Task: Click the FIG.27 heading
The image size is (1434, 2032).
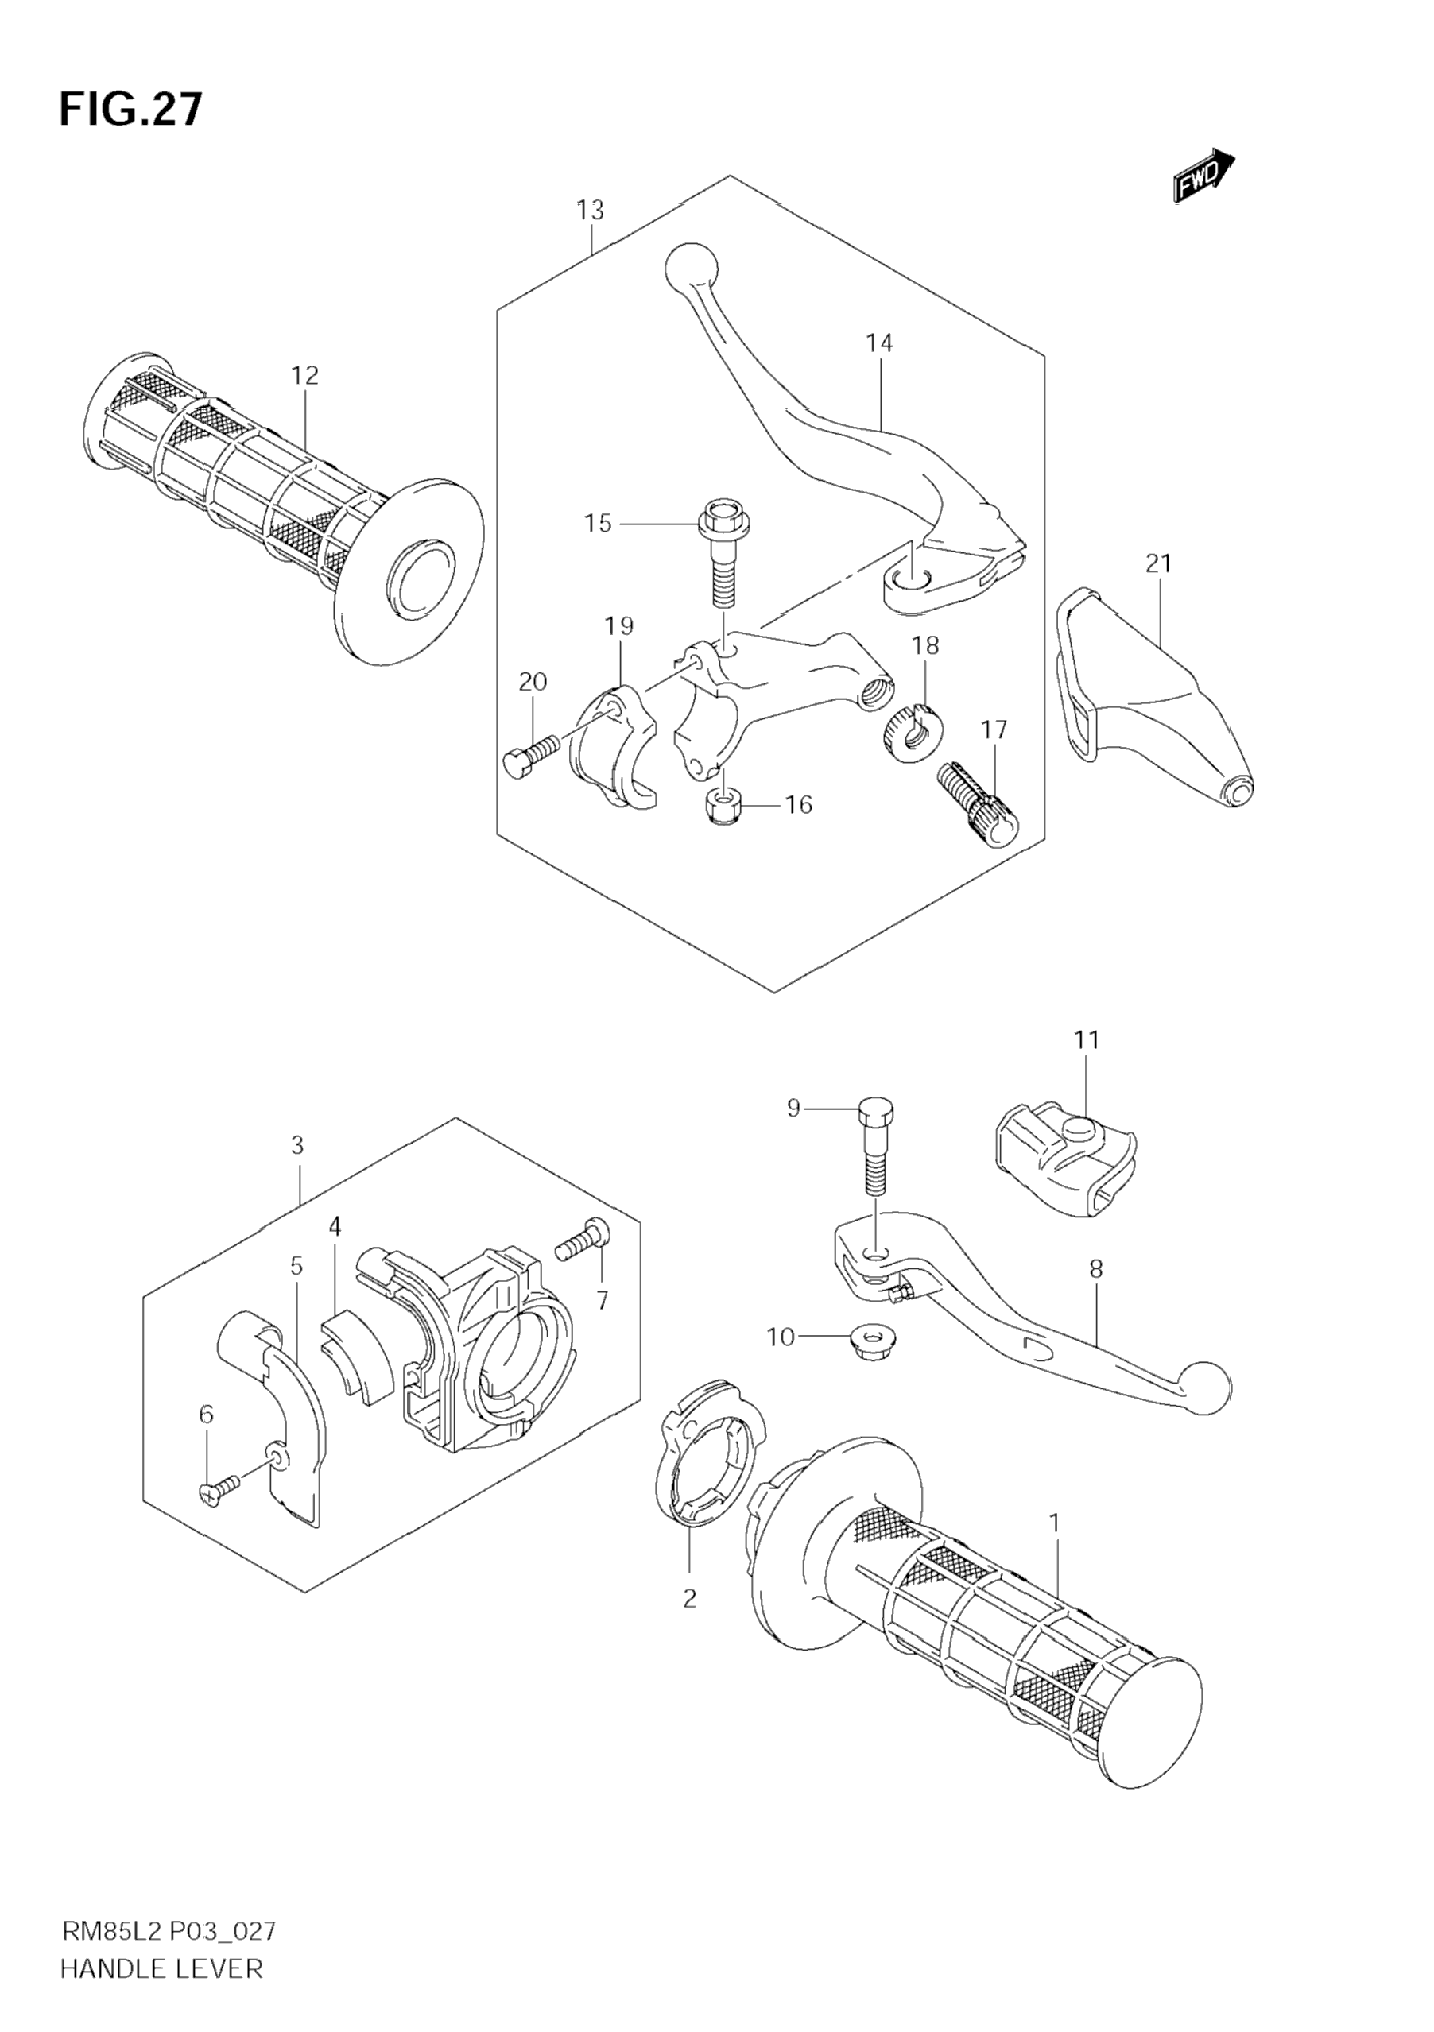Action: click(131, 110)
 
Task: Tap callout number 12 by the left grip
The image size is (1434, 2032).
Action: click(304, 375)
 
